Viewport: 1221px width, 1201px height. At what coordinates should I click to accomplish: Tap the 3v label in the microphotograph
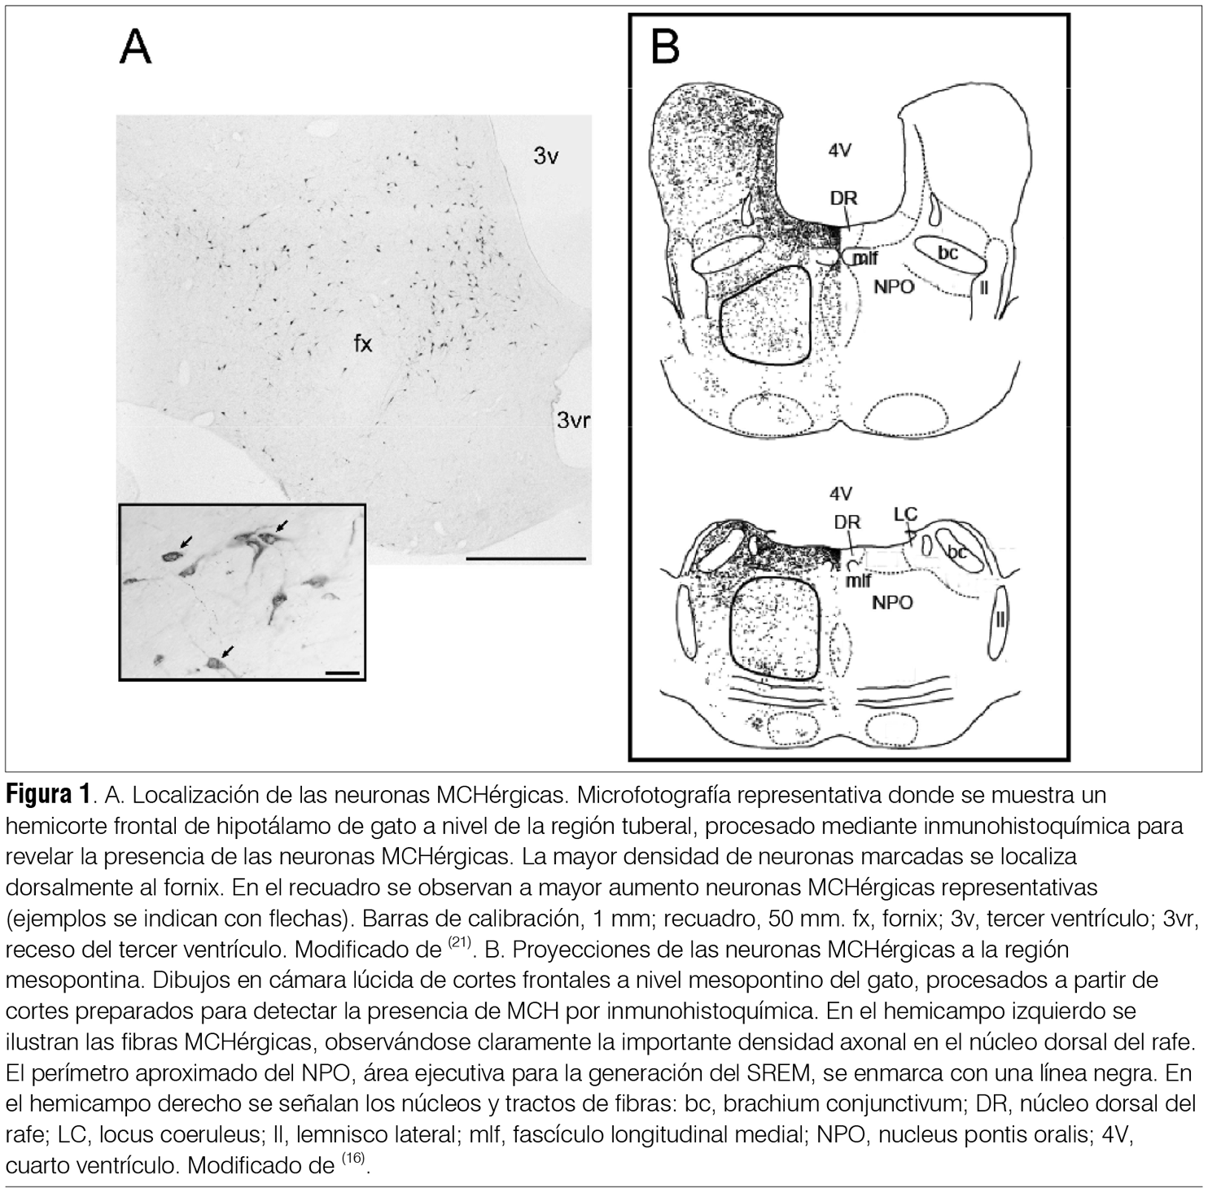click(x=546, y=155)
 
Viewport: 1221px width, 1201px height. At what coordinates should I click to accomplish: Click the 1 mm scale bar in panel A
click(x=526, y=559)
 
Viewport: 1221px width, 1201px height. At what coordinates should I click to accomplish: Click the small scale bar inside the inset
click(x=342, y=673)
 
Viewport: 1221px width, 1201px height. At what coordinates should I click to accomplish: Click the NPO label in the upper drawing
click(x=895, y=286)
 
